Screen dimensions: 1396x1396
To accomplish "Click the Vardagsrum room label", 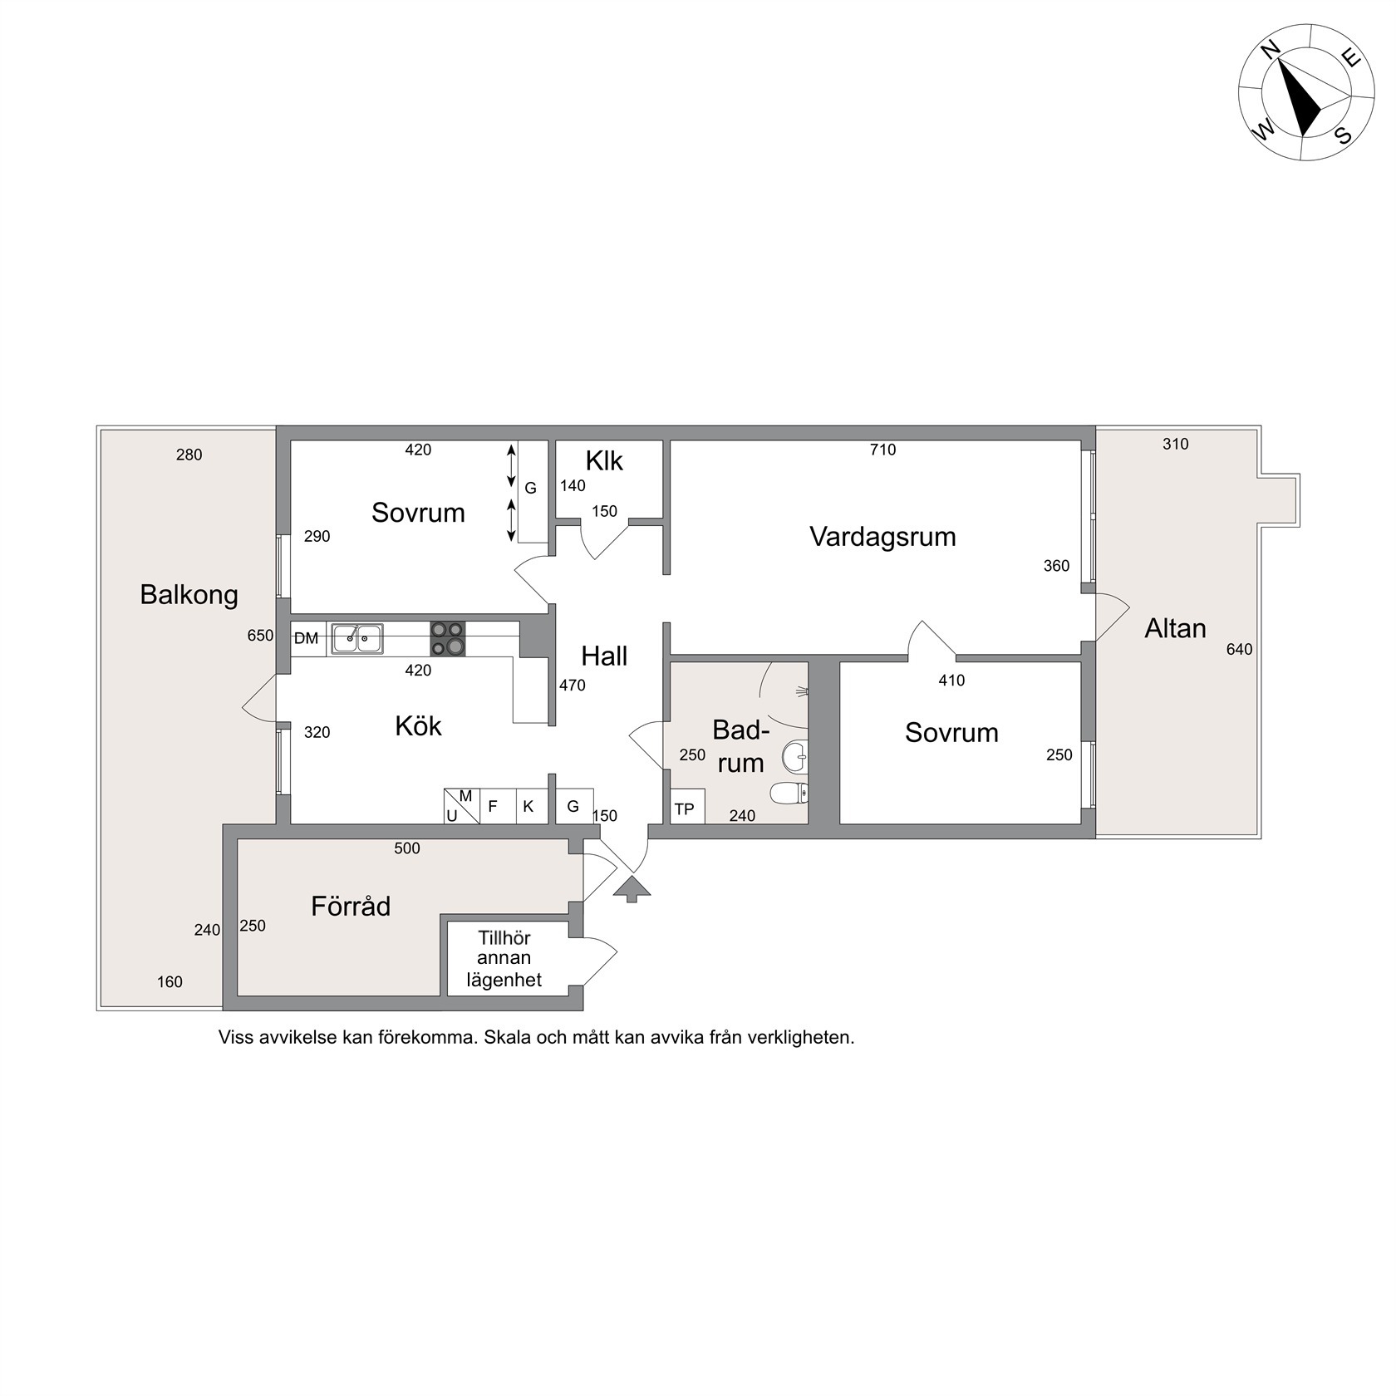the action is tap(882, 537).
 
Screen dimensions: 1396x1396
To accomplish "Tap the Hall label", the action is tap(604, 656).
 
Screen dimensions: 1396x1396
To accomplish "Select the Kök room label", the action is tap(418, 726).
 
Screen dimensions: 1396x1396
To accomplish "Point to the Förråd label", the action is tap(351, 906).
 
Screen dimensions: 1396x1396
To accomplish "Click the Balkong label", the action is tap(189, 595).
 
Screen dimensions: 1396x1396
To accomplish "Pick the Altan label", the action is tap(1175, 629).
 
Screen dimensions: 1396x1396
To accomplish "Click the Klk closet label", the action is tap(604, 461).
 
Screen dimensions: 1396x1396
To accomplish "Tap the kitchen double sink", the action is tap(357, 639).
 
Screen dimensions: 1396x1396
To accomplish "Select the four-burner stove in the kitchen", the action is tap(448, 639).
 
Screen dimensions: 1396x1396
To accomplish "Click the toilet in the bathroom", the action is tap(789, 794).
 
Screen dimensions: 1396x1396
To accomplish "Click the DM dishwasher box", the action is tap(307, 639).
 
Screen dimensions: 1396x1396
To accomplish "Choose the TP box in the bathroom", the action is tap(687, 807).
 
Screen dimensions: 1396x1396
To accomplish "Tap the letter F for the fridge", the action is tap(493, 806).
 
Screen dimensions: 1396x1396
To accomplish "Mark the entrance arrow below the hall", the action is tap(632, 888).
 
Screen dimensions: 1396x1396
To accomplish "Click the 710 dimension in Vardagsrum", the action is tap(882, 450).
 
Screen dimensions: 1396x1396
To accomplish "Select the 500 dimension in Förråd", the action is tap(407, 848).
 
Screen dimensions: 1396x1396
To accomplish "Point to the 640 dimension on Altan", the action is tap(1239, 650).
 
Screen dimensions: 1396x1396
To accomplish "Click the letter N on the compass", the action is tap(1269, 52).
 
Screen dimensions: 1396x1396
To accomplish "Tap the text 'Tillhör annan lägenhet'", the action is tap(504, 959).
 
